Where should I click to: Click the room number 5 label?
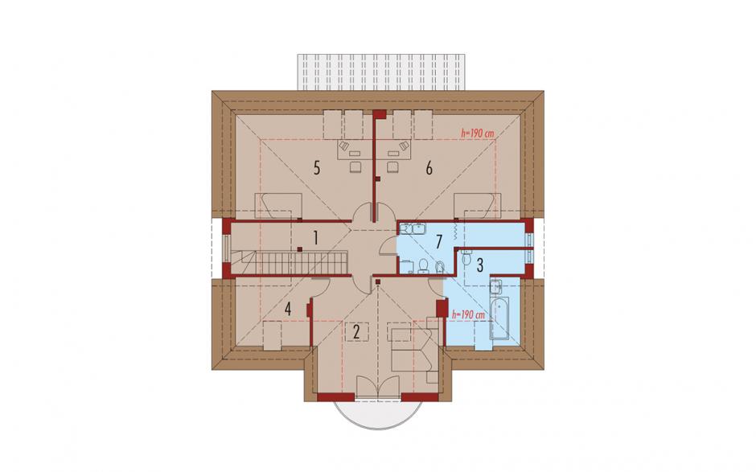(x=316, y=168)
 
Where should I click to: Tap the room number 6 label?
(x=429, y=168)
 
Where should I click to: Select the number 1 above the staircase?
(x=316, y=238)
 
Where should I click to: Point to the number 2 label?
(x=356, y=331)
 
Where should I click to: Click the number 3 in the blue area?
(x=479, y=265)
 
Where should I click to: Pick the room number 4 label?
(x=288, y=309)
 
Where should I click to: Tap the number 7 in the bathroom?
(x=439, y=241)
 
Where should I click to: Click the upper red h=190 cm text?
(x=477, y=133)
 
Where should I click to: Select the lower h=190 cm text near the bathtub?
(x=468, y=314)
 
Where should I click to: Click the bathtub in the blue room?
(x=499, y=318)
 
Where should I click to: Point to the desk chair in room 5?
(x=355, y=166)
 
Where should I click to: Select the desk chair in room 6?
(x=393, y=166)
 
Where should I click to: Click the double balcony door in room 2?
(x=379, y=388)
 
